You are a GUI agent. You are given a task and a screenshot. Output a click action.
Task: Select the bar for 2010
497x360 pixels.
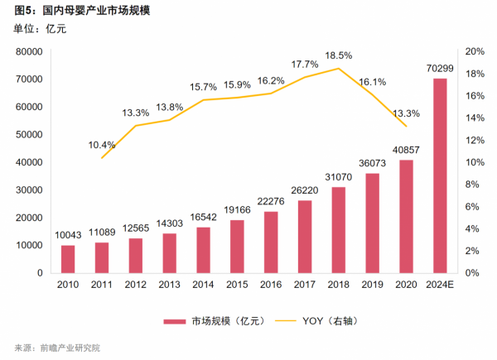coord(67,259)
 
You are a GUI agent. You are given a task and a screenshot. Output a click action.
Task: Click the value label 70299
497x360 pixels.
coord(441,68)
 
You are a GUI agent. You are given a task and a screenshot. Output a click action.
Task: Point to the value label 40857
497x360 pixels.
coord(407,150)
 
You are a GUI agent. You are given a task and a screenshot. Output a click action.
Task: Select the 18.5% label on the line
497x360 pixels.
coord(339,55)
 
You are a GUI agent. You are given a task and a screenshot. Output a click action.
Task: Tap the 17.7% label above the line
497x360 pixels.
coord(305,65)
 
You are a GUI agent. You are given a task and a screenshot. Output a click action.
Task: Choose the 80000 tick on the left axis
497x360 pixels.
coord(29,51)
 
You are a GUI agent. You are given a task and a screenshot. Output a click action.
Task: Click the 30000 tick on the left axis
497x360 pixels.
coord(29,190)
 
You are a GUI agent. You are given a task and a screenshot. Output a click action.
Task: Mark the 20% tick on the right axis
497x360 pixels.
coord(475,51)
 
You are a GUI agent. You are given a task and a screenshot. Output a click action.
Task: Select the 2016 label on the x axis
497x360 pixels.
coord(271,286)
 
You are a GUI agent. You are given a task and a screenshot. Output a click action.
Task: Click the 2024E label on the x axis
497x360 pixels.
coord(441,286)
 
